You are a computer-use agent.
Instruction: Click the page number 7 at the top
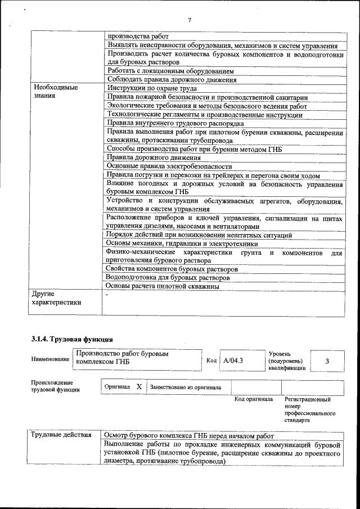(190, 21)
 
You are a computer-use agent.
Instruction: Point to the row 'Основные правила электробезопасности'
(169, 166)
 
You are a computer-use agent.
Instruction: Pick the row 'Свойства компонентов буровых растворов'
(172, 269)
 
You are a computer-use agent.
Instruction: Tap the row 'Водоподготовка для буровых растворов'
(168, 278)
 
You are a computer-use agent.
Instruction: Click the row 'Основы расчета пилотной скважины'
(163, 286)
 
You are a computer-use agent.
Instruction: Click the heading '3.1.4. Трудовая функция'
(71, 339)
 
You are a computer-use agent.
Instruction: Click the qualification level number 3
(327, 361)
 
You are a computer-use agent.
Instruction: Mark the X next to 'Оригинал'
(139, 387)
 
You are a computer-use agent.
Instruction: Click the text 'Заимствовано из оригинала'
(185, 388)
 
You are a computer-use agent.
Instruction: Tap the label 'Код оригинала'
(253, 399)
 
